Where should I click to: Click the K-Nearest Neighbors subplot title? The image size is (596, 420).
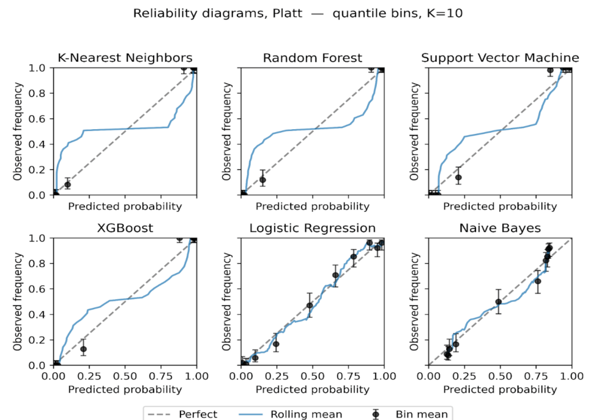[125, 58]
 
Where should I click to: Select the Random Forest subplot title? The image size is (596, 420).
[312, 58]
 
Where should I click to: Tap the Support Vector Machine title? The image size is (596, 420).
[500, 58]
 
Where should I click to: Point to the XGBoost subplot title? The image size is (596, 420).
[125, 227]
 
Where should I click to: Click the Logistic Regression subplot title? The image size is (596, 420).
[312, 227]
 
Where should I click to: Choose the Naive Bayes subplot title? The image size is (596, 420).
[500, 227]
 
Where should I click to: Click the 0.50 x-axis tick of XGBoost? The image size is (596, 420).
[125, 376]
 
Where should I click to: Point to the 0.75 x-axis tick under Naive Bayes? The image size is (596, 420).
[536, 376]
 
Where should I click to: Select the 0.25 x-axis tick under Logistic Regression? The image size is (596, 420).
[276, 376]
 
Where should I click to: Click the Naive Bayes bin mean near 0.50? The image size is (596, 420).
[498, 302]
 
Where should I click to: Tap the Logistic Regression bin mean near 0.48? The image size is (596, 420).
[310, 305]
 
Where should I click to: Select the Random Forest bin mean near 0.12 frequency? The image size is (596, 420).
[262, 180]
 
